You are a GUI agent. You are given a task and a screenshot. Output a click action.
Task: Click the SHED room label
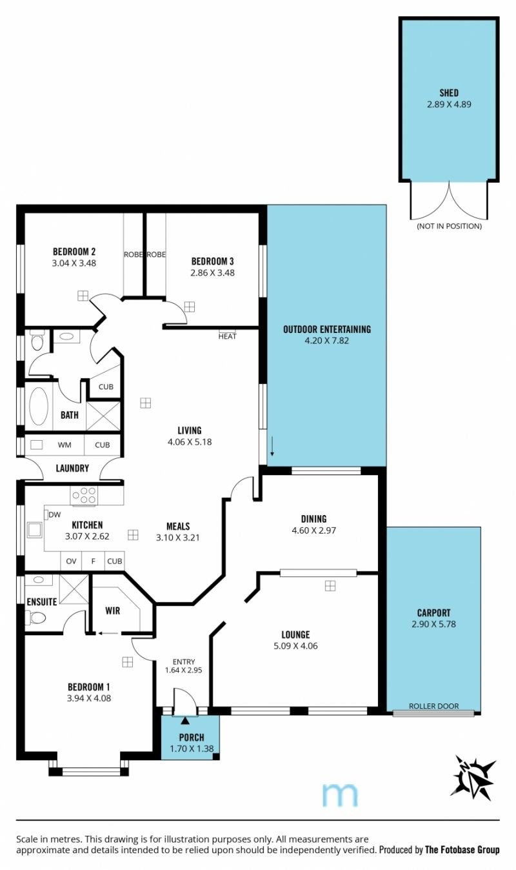pyautogui.click(x=449, y=93)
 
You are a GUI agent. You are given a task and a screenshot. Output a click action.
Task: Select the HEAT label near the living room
pyautogui.click(x=227, y=336)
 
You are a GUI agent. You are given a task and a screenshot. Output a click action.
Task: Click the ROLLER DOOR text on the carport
pyautogui.click(x=433, y=705)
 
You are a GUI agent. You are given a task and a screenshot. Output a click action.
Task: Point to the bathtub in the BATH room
pyautogui.click(x=39, y=405)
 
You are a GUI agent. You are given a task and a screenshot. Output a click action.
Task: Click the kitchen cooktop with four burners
pyautogui.click(x=84, y=496)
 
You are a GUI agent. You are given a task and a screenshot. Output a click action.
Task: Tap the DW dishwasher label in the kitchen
pyautogui.click(x=55, y=514)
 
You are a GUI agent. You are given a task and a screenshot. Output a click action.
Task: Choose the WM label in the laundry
pyautogui.click(x=64, y=445)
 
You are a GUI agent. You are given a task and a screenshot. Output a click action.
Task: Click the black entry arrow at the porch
pyautogui.click(x=185, y=721)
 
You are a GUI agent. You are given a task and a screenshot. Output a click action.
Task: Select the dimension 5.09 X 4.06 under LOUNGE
pyautogui.click(x=295, y=646)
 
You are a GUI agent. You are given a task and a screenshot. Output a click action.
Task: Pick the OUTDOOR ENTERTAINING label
pyautogui.click(x=327, y=329)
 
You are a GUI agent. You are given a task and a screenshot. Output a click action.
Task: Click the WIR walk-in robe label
pyautogui.click(x=113, y=611)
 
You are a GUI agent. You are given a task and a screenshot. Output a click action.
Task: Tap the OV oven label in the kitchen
pyautogui.click(x=71, y=561)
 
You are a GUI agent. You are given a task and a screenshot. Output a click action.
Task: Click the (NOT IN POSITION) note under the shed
pyautogui.click(x=449, y=226)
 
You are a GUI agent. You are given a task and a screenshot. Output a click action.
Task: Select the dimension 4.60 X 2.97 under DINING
pyautogui.click(x=313, y=530)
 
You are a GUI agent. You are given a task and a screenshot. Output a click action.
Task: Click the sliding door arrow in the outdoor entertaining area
pyautogui.click(x=272, y=446)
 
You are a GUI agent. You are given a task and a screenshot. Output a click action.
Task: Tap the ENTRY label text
pyautogui.click(x=184, y=662)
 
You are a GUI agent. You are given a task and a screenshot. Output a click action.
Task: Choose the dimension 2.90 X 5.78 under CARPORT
pyautogui.click(x=433, y=624)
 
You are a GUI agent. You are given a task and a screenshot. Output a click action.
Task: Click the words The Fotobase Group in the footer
pyautogui.click(x=462, y=850)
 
